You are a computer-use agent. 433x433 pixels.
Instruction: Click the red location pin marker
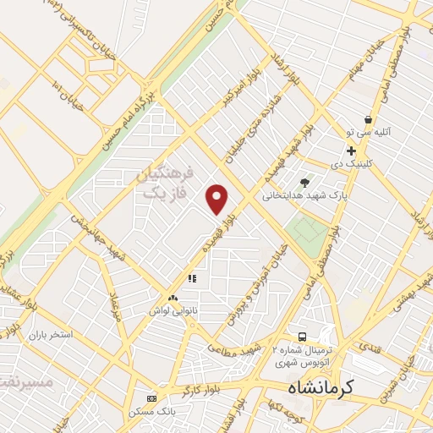[x=217, y=199]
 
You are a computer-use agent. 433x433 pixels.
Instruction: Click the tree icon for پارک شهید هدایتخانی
[x=305, y=182]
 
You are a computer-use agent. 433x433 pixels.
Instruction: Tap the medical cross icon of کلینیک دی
[x=351, y=151]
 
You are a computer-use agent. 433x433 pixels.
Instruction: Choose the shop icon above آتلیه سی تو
[x=368, y=120]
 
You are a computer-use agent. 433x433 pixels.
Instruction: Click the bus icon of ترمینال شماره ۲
[x=304, y=337]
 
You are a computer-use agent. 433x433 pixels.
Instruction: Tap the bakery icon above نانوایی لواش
[x=173, y=298]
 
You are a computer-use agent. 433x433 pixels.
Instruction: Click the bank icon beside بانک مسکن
[x=151, y=398]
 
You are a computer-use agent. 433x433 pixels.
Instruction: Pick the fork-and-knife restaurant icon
[x=192, y=277]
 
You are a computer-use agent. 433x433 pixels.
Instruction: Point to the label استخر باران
[x=51, y=335]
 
